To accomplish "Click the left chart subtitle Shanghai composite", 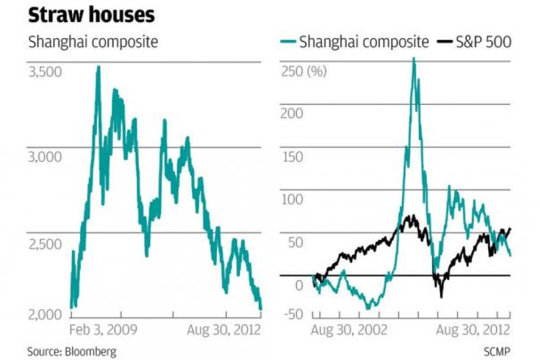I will tap(93, 42).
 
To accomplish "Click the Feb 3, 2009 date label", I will tap(104, 330).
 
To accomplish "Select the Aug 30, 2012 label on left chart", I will tap(224, 330).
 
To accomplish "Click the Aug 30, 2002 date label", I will tap(349, 330).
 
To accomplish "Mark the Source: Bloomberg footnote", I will tap(72, 351).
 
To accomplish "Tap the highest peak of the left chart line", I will tap(98, 67).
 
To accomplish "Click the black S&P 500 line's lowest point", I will tap(441, 296).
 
